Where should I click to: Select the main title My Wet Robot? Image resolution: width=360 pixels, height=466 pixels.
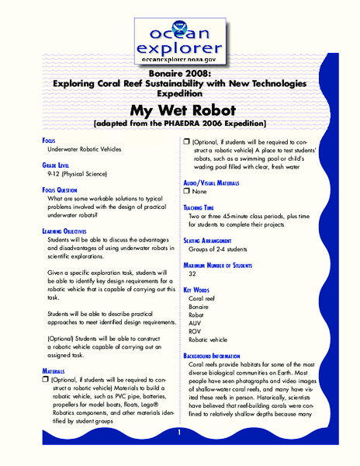point(179,110)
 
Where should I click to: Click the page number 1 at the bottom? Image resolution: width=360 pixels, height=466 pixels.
point(179,432)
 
